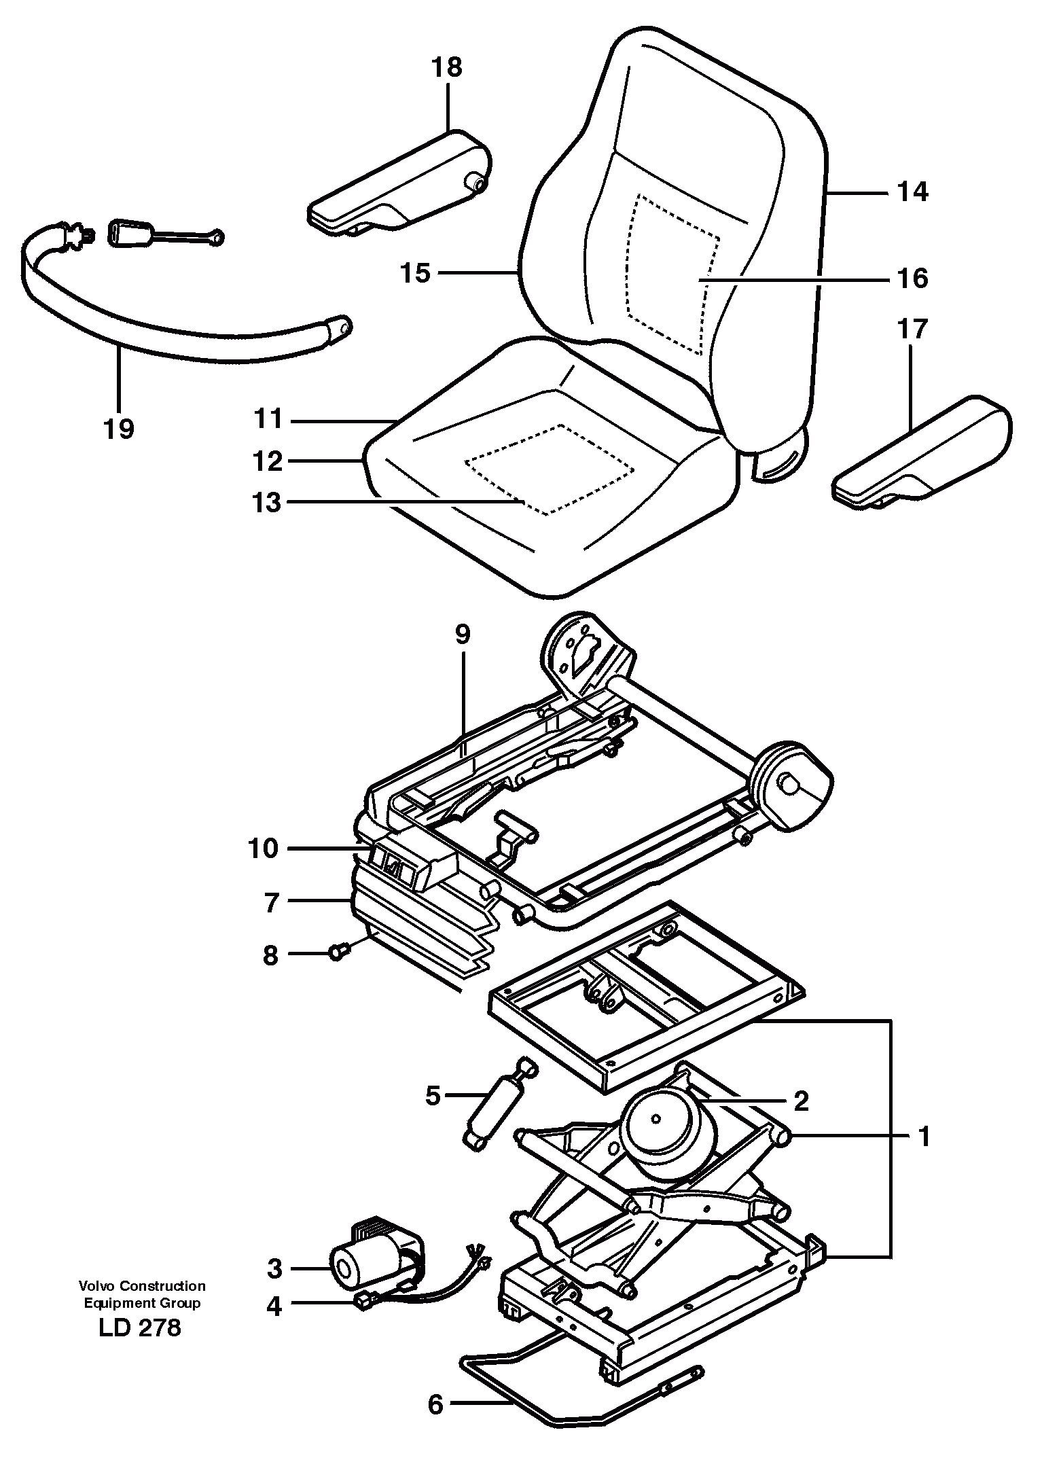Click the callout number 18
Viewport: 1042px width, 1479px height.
[446, 67]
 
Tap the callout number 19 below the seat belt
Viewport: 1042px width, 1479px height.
[119, 429]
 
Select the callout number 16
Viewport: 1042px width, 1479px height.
[912, 279]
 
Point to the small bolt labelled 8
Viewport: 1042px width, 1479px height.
[338, 954]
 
